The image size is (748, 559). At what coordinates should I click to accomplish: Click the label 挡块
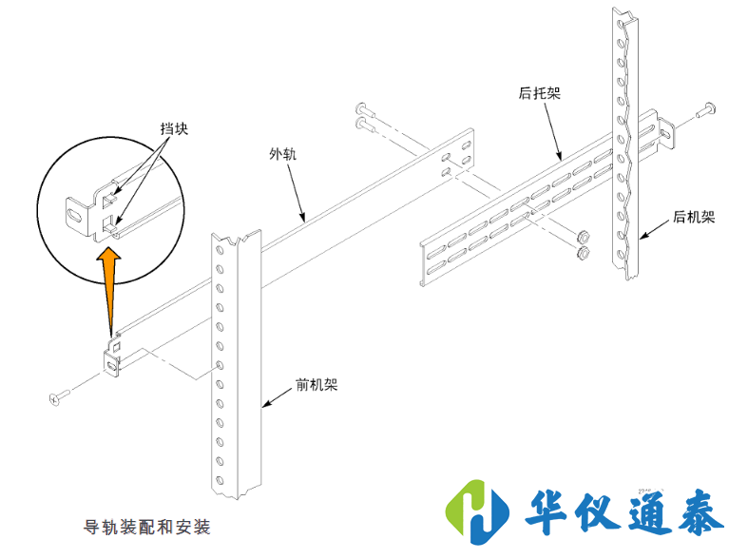click(x=174, y=128)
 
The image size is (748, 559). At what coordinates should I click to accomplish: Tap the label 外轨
click(x=282, y=155)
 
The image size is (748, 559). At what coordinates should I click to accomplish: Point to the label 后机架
click(x=693, y=217)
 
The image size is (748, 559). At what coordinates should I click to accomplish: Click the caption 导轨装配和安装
click(x=147, y=526)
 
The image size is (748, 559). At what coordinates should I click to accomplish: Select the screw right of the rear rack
click(x=707, y=111)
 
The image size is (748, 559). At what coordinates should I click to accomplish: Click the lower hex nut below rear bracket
click(x=582, y=253)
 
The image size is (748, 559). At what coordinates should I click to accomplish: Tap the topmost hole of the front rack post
click(x=220, y=248)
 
